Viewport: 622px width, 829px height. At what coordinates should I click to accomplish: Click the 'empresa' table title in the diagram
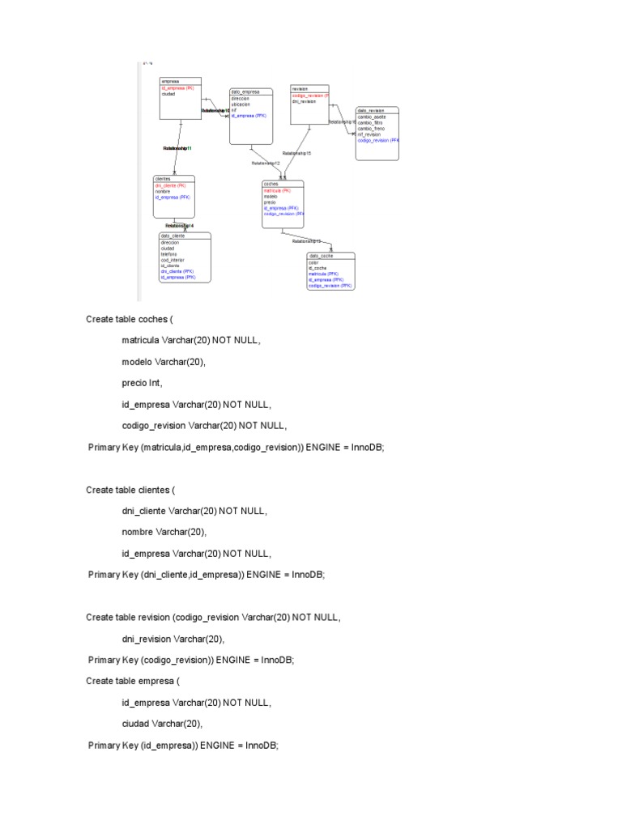[x=170, y=81]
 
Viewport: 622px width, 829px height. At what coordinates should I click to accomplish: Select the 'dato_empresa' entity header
[x=245, y=91]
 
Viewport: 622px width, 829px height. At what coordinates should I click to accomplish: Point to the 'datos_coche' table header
[x=321, y=255]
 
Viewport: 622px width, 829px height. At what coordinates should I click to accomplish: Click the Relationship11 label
[x=177, y=149]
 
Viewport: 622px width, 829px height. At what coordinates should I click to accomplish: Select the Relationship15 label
[x=296, y=153]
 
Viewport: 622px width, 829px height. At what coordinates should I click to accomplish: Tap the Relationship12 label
[x=266, y=163]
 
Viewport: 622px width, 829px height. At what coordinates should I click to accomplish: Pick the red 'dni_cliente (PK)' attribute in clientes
[x=170, y=185]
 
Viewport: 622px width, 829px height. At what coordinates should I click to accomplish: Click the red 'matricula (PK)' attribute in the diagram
[x=277, y=190]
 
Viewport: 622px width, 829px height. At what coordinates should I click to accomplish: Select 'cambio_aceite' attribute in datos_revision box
[x=371, y=117]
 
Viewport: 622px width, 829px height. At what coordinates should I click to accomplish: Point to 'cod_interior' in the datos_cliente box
[x=173, y=260]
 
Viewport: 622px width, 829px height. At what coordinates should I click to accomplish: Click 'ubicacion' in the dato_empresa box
[x=241, y=104]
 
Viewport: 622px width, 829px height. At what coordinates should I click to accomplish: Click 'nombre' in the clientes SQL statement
[x=139, y=532]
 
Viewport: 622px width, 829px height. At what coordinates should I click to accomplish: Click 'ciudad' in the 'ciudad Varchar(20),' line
[x=137, y=724]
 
